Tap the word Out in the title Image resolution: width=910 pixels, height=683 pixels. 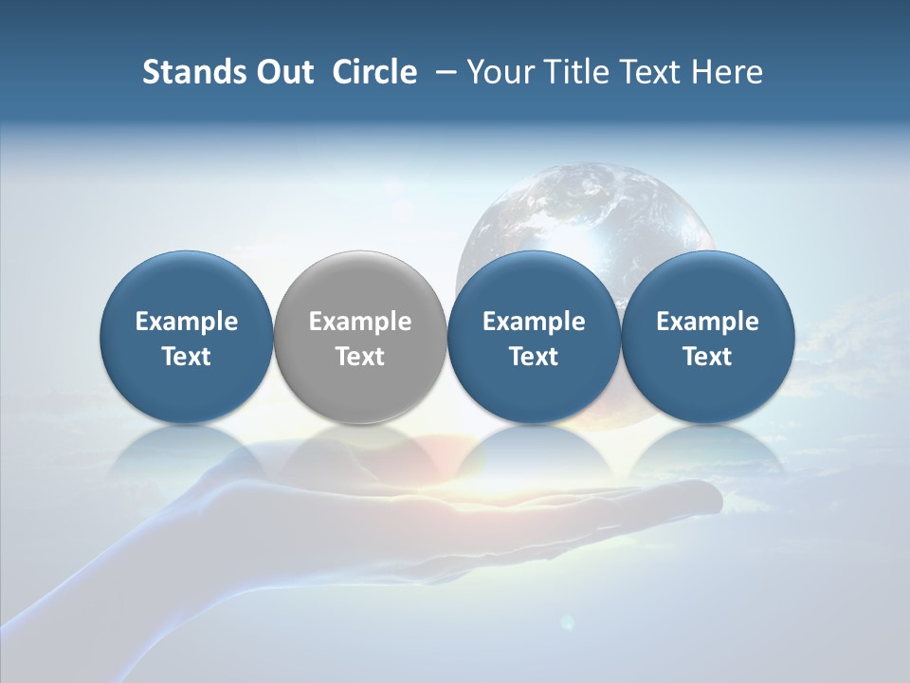click(282, 72)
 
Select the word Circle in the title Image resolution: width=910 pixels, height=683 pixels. click(374, 72)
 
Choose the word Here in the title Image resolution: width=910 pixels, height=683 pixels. click(726, 72)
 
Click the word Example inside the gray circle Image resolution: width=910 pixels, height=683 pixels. click(360, 322)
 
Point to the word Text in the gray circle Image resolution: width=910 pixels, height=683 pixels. click(360, 357)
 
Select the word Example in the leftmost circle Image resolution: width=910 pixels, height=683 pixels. click(187, 322)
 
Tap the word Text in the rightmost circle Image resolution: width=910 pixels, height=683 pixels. click(707, 357)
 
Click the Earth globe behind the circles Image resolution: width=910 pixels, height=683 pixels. click(583, 209)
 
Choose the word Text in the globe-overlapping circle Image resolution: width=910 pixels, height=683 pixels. click(534, 357)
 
